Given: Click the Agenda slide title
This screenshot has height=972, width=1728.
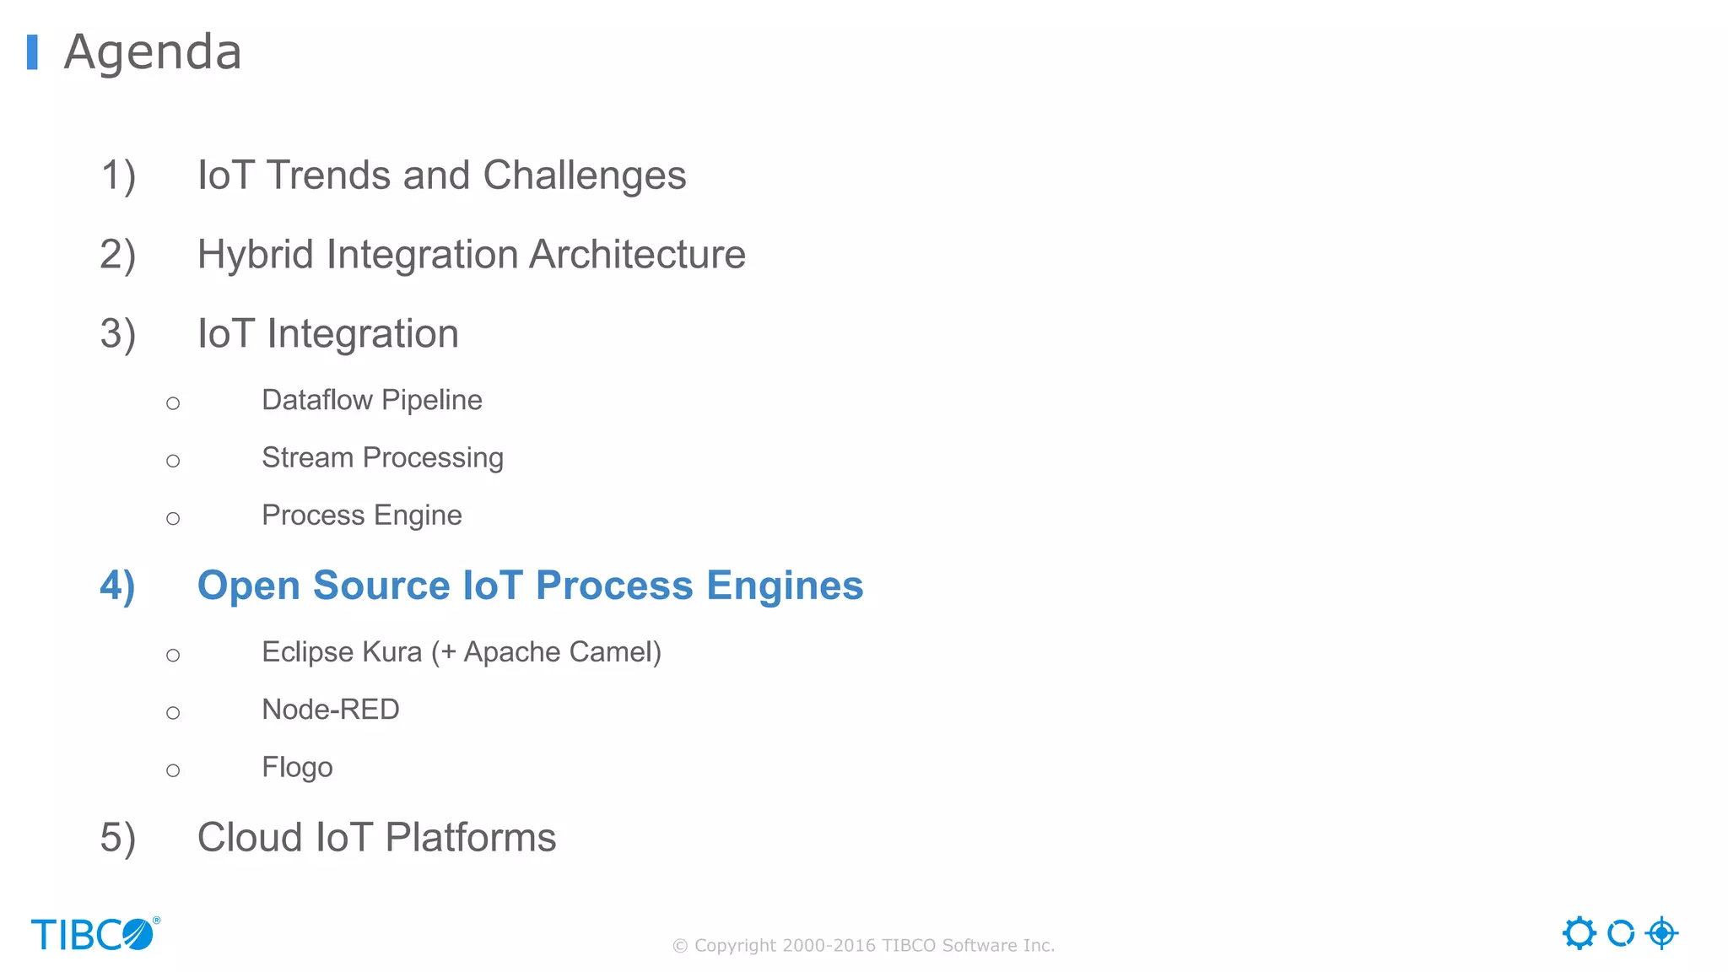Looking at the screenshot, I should coord(153,52).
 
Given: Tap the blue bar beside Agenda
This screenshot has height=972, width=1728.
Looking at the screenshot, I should coord(32,52).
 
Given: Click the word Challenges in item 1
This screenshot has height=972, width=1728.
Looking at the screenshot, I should coord(584,175).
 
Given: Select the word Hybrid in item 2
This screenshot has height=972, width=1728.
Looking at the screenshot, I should coord(256,255).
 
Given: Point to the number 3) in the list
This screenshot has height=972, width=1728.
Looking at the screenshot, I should coord(117,334).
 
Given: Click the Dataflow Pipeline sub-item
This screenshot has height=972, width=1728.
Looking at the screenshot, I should coord(371,400).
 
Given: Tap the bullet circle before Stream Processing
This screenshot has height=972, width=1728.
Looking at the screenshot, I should coord(173,461).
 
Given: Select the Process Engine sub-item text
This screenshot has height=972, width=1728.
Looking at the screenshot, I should coord(361,516).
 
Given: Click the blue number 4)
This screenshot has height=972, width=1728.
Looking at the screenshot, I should coord(117,586).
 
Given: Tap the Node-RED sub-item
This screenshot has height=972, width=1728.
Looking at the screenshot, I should coord(330,710).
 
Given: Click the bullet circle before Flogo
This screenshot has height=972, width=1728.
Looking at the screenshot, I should coord(173,770).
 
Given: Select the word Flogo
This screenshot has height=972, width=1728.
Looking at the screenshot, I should coord(297,768).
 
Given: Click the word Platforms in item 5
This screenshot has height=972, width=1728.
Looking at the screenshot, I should coord(470,838).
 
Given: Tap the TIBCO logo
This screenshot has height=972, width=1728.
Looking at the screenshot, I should coord(94,934).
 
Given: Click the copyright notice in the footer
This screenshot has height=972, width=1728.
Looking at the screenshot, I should coord(863,946).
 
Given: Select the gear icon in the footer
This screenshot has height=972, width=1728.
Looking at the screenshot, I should coord(1579,933).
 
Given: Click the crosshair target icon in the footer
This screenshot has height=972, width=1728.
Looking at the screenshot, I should coord(1661,933).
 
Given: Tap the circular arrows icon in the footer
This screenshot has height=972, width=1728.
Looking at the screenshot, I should coord(1621,933).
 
